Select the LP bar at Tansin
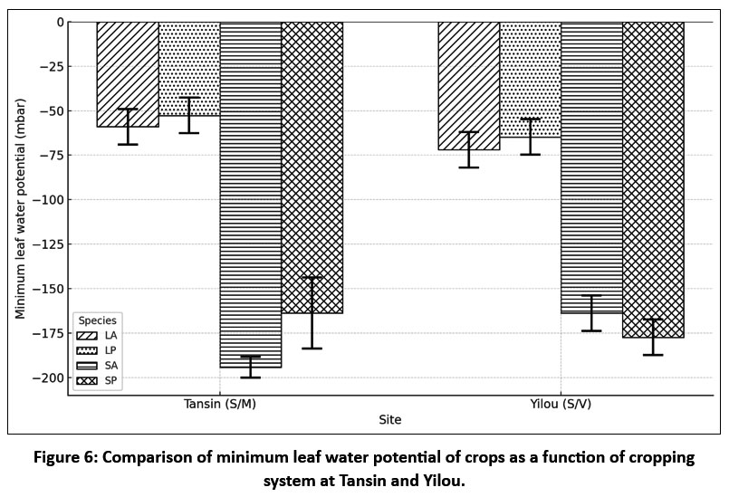tap(189, 69)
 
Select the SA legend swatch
tap(89, 366)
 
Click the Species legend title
tap(97, 320)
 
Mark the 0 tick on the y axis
tap(60, 22)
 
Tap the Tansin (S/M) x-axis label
tap(220, 404)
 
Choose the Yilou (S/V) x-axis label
tap(561, 404)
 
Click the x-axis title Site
tap(390, 420)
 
